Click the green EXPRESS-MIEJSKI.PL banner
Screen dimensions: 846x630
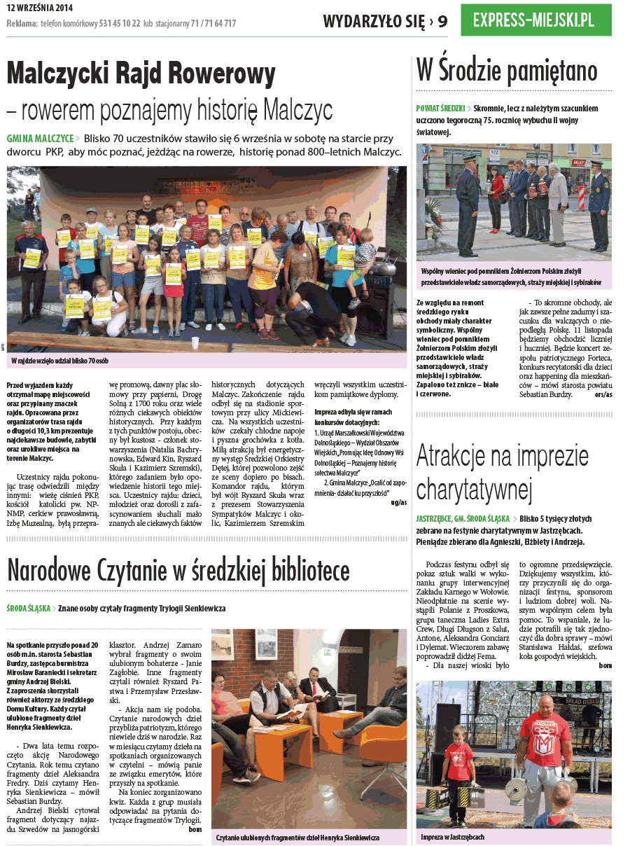[x=535, y=20]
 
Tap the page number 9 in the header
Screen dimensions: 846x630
[x=443, y=21]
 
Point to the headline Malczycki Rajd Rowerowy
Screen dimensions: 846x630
[x=141, y=73]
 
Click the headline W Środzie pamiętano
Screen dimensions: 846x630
[x=507, y=71]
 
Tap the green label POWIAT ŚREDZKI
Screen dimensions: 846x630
[x=440, y=109]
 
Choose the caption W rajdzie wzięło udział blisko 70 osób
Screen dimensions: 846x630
[x=60, y=361]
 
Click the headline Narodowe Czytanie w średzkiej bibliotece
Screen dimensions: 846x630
[x=178, y=570]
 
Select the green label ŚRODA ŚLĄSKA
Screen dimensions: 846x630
[x=29, y=609]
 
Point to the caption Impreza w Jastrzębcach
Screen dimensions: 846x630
[x=453, y=837]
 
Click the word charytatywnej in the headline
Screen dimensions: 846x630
[x=474, y=489]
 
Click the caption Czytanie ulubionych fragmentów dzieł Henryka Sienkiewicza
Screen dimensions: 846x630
[x=297, y=838]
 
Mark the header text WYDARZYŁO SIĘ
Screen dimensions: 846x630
[x=374, y=21]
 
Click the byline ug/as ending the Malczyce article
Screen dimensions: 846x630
[x=399, y=502]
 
